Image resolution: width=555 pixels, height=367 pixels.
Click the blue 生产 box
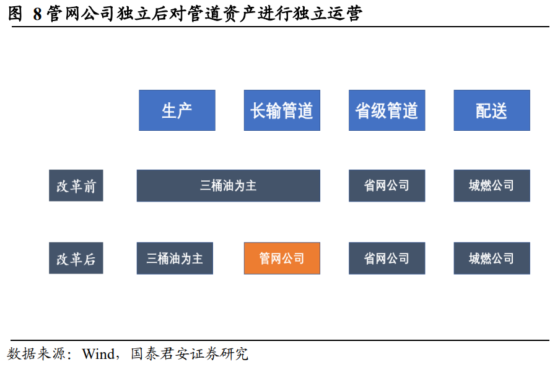tap(177, 110)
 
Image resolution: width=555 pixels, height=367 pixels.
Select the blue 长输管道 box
tap(282, 110)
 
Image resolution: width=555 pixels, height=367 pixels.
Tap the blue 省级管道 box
tap(387, 110)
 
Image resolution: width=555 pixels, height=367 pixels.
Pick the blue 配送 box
tap(492, 110)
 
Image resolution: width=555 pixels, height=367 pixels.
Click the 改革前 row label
tap(76, 185)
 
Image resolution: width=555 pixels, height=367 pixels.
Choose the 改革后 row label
tap(76, 259)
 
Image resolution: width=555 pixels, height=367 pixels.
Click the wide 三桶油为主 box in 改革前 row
tap(229, 185)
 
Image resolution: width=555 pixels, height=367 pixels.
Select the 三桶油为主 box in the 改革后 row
tap(175, 259)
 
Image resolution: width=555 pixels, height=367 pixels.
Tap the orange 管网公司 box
tap(282, 259)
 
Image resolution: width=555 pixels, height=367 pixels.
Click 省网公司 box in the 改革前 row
tap(387, 185)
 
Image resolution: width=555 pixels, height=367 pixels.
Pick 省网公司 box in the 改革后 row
tap(387, 259)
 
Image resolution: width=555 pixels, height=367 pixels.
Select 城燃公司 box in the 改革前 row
tap(492, 185)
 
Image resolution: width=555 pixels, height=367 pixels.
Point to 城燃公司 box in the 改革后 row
tap(492, 259)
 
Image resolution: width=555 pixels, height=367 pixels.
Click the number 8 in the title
tap(37, 14)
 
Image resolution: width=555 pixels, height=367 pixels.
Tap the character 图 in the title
tap(15, 14)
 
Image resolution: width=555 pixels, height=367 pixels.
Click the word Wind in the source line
tap(98, 354)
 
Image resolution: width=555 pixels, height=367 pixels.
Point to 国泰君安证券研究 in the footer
tap(190, 353)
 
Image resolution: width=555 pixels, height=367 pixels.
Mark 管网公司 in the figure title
tap(80, 14)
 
